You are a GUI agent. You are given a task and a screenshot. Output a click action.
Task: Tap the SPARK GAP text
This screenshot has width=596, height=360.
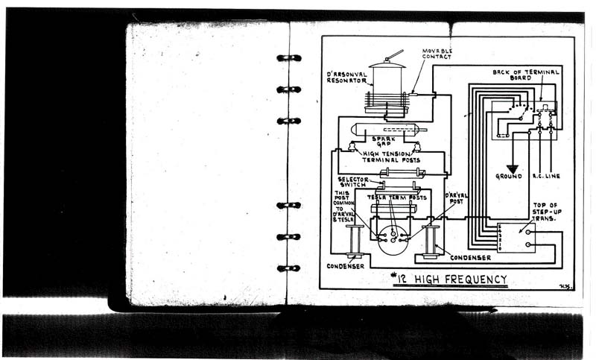point(384,142)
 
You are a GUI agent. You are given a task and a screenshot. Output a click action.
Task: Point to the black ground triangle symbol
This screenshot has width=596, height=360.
point(512,169)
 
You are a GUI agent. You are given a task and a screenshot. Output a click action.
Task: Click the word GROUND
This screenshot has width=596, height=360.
point(510,177)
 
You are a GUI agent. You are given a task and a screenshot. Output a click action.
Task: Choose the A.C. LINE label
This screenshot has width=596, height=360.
point(546,177)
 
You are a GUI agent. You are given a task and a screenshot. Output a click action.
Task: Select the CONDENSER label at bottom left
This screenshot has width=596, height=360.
point(346,266)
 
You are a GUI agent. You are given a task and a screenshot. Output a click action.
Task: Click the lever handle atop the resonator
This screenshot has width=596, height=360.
point(394,54)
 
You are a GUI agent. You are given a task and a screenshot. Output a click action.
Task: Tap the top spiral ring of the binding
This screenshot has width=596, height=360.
point(288,57)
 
